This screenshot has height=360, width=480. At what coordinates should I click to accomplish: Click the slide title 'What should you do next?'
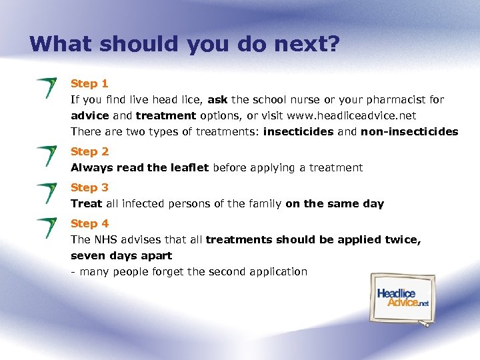(185, 44)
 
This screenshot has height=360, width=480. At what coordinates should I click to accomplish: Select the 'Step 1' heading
(89, 83)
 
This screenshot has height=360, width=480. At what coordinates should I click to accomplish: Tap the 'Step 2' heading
(89, 151)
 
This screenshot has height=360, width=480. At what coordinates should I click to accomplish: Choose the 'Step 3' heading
(89, 187)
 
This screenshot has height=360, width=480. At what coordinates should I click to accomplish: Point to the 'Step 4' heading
(89, 223)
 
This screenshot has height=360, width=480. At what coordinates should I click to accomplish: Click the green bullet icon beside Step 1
(47, 87)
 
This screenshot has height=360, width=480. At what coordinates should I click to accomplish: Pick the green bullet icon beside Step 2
(47, 155)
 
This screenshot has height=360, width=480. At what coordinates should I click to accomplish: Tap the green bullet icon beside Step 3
(47, 192)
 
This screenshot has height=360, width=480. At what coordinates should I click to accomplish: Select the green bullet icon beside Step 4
(47, 227)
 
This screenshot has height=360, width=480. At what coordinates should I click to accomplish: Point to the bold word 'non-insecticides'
(409, 131)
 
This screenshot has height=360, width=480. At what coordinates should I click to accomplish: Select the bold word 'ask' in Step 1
(217, 99)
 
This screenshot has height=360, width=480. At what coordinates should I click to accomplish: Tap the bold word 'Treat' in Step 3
(87, 203)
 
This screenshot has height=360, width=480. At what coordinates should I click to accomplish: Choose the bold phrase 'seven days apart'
(121, 255)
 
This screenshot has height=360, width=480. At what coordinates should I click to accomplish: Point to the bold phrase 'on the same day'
(335, 203)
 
